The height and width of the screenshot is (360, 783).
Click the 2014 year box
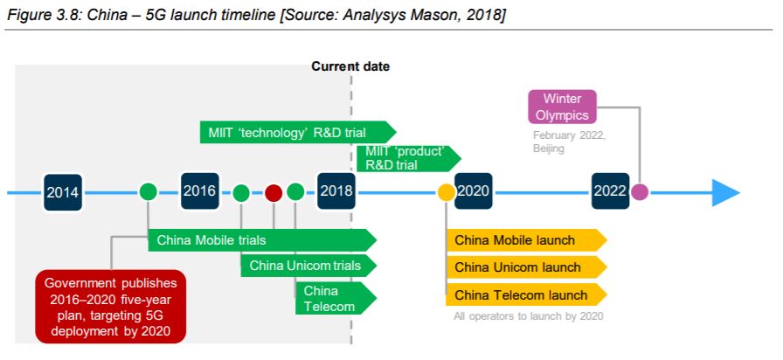click(62, 191)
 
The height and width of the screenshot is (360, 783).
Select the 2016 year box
click(199, 191)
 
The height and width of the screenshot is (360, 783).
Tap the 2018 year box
click(336, 191)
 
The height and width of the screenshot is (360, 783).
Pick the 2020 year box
click(473, 191)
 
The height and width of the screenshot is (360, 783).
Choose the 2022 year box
click(610, 191)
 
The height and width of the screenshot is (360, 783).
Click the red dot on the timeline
click(274, 192)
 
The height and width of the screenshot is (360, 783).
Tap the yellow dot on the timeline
click(446, 192)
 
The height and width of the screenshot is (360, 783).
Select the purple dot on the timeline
click(639, 192)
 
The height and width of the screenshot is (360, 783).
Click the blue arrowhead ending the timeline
click(725, 192)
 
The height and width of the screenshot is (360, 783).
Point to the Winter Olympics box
click(562, 107)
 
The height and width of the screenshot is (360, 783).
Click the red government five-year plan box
click(110, 307)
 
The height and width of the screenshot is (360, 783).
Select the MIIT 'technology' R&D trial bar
click(298, 132)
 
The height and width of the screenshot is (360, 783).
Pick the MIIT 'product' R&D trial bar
click(409, 158)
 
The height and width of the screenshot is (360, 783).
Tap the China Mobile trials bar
click(262, 240)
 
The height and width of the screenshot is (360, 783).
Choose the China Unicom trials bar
click(308, 266)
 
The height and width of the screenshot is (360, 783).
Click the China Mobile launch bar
click(526, 240)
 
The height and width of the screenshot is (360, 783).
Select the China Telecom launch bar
click(526, 294)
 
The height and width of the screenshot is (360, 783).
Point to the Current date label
click(350, 66)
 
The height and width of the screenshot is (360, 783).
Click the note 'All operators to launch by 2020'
click(529, 316)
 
